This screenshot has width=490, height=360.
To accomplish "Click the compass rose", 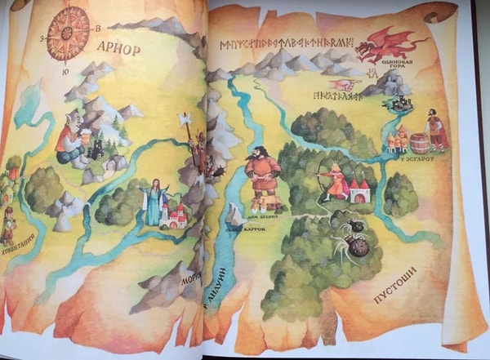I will click(68, 34).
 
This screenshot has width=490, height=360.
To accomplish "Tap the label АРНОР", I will click(118, 47).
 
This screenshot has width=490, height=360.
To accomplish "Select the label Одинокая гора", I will click(398, 72).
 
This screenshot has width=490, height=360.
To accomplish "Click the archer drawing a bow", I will click(334, 183).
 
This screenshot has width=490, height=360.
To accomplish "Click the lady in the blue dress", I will click(153, 202).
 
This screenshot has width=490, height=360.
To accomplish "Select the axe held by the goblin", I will click(185, 124).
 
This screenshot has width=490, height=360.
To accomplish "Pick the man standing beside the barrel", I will click(438, 131).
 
